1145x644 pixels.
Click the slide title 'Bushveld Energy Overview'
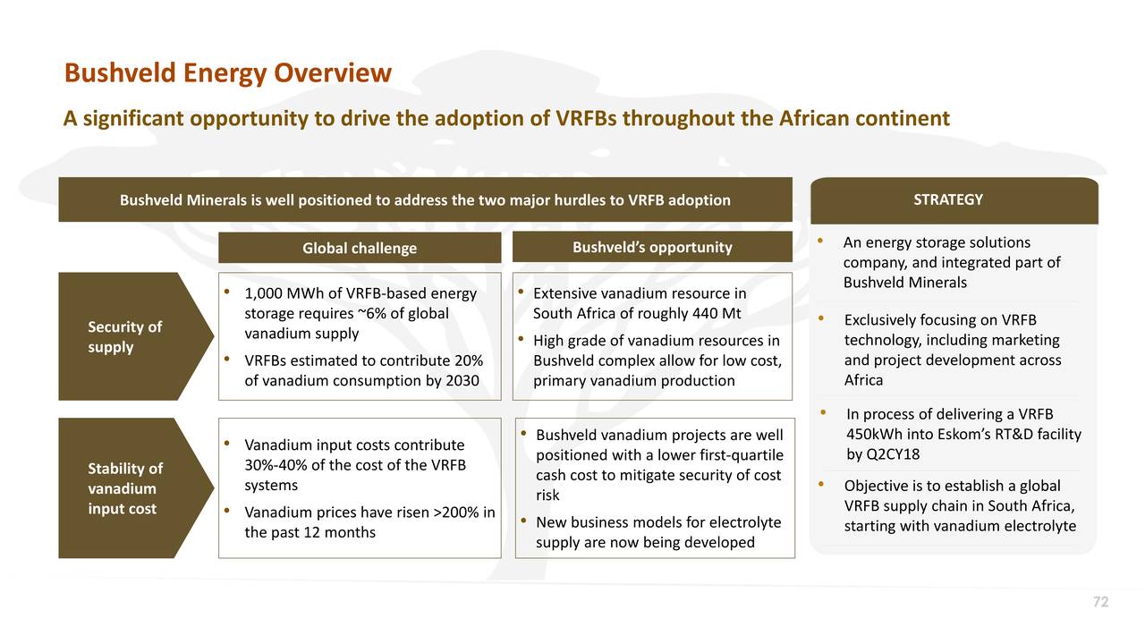coord(227,72)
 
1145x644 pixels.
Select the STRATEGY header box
coord(954,199)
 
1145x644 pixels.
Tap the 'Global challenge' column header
coord(359,248)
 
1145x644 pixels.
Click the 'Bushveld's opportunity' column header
coord(651,247)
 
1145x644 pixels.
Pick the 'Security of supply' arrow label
coord(124,336)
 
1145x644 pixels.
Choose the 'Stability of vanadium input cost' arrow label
coord(125,488)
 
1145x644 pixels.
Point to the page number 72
coord(1100,603)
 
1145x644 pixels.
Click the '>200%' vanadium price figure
coord(456,513)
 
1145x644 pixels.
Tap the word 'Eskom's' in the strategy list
coord(971,435)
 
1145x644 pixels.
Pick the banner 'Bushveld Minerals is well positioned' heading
coord(425,199)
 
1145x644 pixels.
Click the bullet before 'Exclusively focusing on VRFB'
coord(822,319)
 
